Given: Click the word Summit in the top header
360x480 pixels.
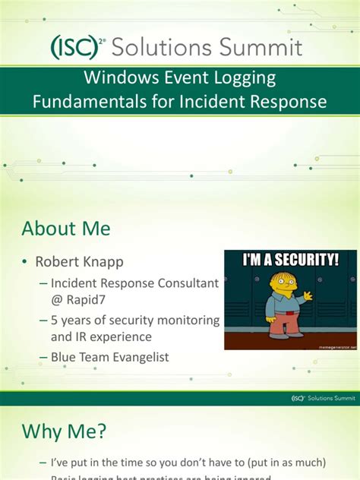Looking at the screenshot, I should pos(264,48).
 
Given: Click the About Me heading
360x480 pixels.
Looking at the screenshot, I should pos(66,228).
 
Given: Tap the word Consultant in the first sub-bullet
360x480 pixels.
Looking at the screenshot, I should pos(182,283).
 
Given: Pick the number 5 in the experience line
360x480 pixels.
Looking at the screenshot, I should pos(55,321).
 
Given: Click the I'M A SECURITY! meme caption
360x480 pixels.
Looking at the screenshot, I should pos(290,260).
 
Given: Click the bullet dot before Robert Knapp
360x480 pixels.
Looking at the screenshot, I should pos(26,262).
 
